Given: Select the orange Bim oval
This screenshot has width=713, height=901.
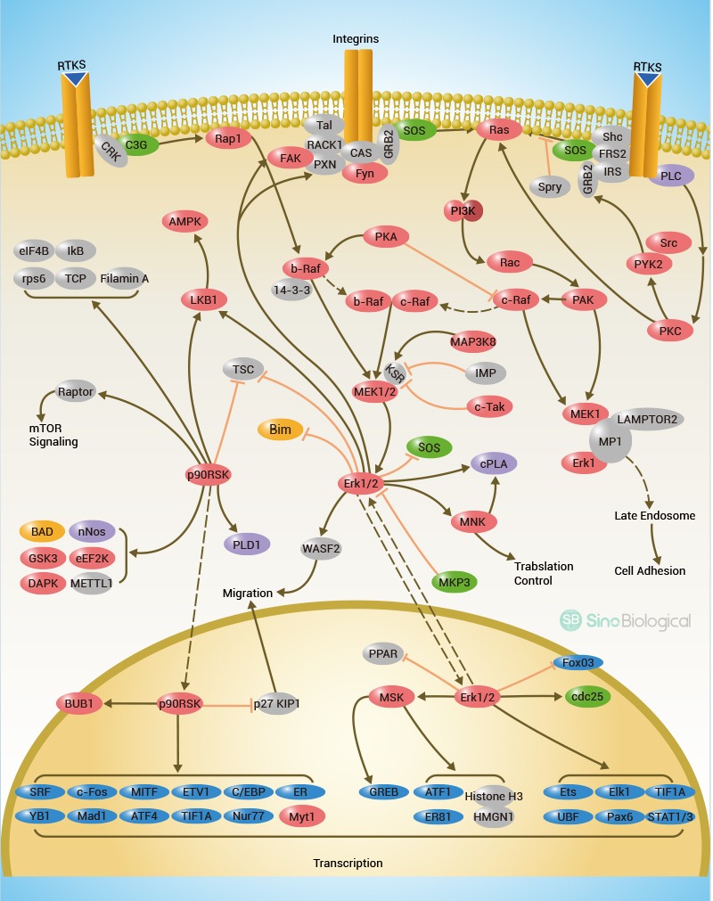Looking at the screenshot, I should [280, 430].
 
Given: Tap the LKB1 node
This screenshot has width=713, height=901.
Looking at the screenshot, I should [207, 299].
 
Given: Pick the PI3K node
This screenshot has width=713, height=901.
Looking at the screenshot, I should [463, 211].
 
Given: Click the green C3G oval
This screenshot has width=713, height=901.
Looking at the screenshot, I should [136, 144].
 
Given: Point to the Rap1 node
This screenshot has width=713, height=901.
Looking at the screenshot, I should [227, 138].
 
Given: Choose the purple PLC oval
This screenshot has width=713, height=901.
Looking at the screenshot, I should [671, 176].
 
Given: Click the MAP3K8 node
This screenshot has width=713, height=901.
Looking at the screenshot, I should [471, 341].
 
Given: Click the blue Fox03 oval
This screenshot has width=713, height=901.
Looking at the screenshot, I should [578, 663].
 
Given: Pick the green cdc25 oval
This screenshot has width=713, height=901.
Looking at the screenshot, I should [585, 697].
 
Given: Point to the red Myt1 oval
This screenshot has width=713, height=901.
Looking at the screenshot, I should [302, 815].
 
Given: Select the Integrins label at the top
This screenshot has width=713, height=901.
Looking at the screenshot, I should [356, 39].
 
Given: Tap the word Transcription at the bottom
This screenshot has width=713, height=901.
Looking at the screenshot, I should [348, 863].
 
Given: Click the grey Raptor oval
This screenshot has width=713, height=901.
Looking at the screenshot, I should [76, 391].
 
